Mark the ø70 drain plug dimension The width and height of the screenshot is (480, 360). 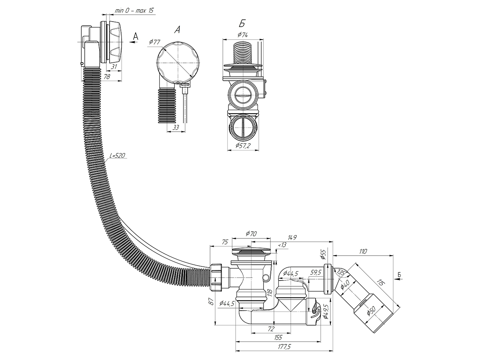(251, 233)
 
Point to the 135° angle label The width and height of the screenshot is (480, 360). (340, 273)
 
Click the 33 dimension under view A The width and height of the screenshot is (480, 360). (176, 128)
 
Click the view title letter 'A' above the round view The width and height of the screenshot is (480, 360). (177, 30)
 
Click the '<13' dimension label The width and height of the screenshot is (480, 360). (282, 245)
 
